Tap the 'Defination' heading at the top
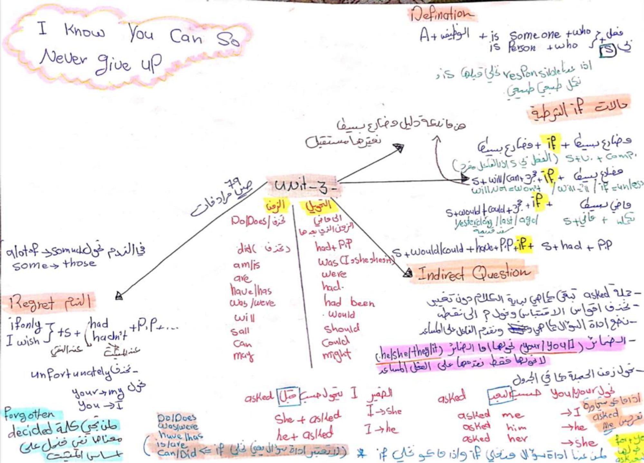point(441,14)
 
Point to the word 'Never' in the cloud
point(63,58)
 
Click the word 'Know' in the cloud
point(84,31)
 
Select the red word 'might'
point(336,355)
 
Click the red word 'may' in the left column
point(243,356)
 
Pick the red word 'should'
point(341,328)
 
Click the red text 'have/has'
point(251,291)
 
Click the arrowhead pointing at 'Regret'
point(119,296)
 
